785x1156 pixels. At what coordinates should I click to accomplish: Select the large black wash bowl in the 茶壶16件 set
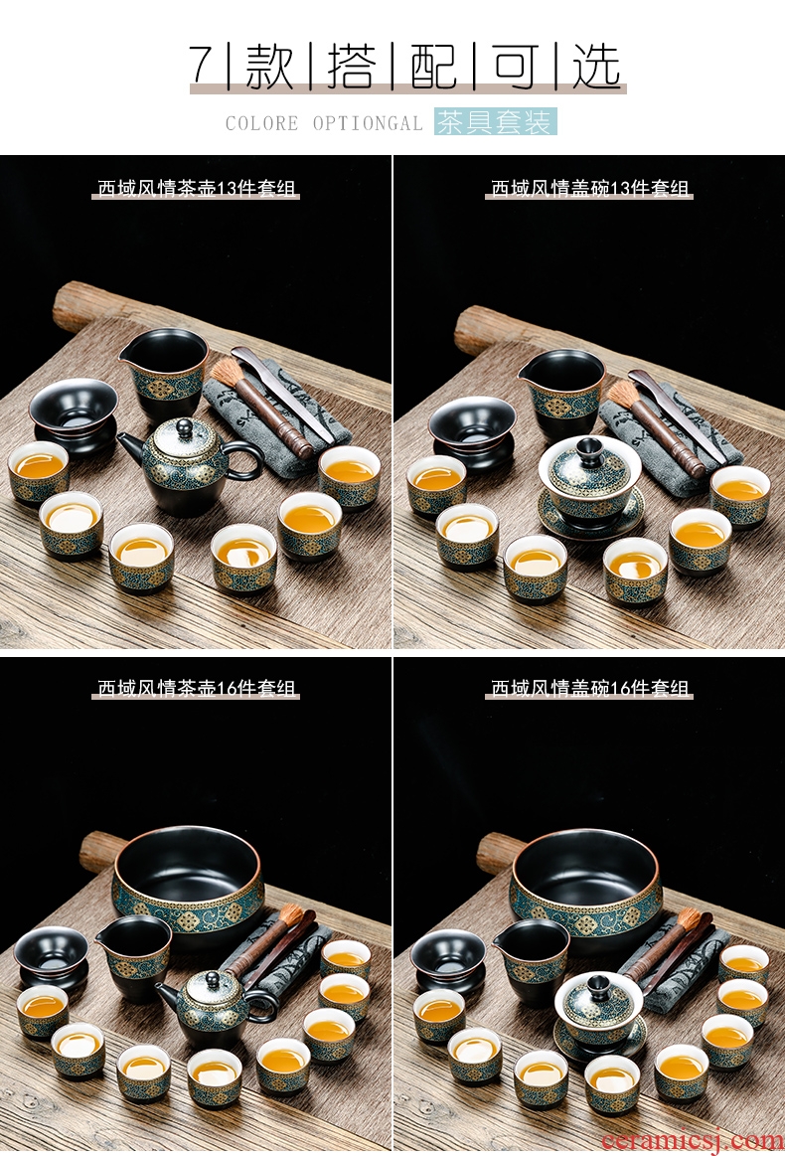pyautogui.click(x=189, y=882)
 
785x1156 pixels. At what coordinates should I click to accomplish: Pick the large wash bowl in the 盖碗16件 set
pyautogui.click(x=586, y=885)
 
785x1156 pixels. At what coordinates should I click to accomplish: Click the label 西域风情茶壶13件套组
pyautogui.click(x=196, y=189)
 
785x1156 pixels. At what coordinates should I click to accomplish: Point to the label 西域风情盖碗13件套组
pyautogui.click(x=589, y=189)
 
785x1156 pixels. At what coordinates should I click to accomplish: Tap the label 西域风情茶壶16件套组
pyautogui.click(x=196, y=688)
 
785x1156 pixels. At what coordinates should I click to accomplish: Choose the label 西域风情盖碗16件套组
pyautogui.click(x=589, y=688)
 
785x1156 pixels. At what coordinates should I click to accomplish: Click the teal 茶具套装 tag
pyautogui.click(x=495, y=121)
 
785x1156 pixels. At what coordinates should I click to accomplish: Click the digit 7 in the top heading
pyautogui.click(x=202, y=65)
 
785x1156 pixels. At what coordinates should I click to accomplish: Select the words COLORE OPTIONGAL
pyautogui.click(x=324, y=123)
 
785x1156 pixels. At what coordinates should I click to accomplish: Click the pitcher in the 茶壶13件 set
pyautogui.click(x=164, y=374)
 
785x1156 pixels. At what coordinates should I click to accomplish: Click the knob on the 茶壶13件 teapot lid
pyautogui.click(x=182, y=425)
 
